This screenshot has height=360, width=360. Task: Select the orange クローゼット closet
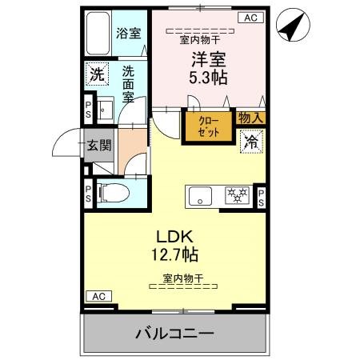coord(206,126)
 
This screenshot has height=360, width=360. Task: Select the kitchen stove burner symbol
coord(235,194)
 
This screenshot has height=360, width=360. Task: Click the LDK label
coord(175,238)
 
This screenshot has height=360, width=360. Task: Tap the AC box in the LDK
coord(97,297)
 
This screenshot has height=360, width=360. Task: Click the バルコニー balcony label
coord(174,331)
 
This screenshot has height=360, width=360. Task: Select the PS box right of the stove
coord(261,197)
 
